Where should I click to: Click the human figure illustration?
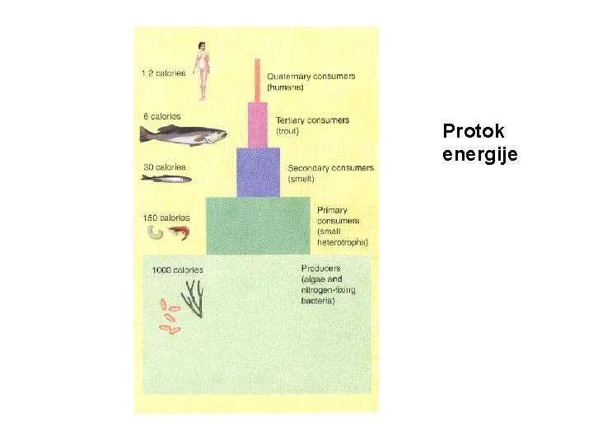pyautogui.click(x=201, y=61)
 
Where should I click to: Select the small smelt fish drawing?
pyautogui.click(x=166, y=179)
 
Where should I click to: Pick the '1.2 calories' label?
pyautogui.click(x=163, y=73)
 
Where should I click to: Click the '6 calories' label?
pyautogui.click(x=161, y=117)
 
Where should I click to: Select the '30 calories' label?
pyautogui.click(x=165, y=167)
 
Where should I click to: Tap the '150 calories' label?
pyautogui.click(x=166, y=218)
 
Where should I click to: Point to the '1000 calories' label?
pyautogui.click(x=177, y=269)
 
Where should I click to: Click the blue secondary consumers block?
pyautogui.click(x=258, y=171)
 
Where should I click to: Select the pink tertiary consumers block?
pyautogui.click(x=258, y=124)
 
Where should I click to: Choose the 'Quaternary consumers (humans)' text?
pyautogui.click(x=311, y=82)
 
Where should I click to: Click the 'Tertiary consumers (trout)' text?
pyautogui.click(x=312, y=125)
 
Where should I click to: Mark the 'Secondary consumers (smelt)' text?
pyautogui.click(x=330, y=173)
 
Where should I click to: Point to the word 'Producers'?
pyautogui.click(x=321, y=269)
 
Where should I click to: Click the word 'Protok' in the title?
pyautogui.click(x=474, y=131)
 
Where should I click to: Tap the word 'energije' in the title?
pyautogui.click(x=480, y=153)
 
